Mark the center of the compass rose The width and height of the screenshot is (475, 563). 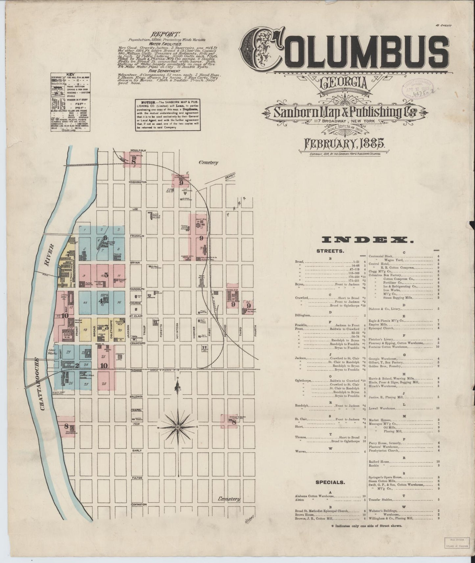178,427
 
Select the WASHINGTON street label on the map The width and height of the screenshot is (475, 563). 137,182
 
